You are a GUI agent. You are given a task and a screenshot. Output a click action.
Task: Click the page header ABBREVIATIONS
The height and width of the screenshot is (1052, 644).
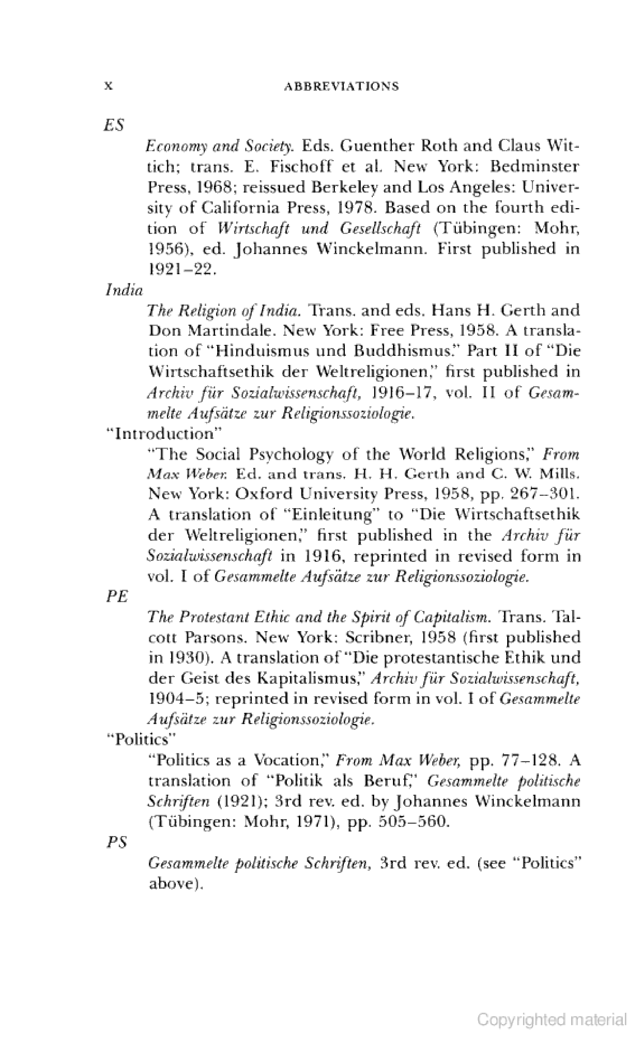coord(341,87)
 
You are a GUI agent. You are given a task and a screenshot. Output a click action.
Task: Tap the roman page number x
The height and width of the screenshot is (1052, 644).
coord(109,87)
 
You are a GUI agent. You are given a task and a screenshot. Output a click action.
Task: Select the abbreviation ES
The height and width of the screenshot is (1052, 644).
coord(114,125)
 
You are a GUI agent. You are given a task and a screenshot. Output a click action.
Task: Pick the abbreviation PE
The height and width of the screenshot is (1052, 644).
coord(117,597)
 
